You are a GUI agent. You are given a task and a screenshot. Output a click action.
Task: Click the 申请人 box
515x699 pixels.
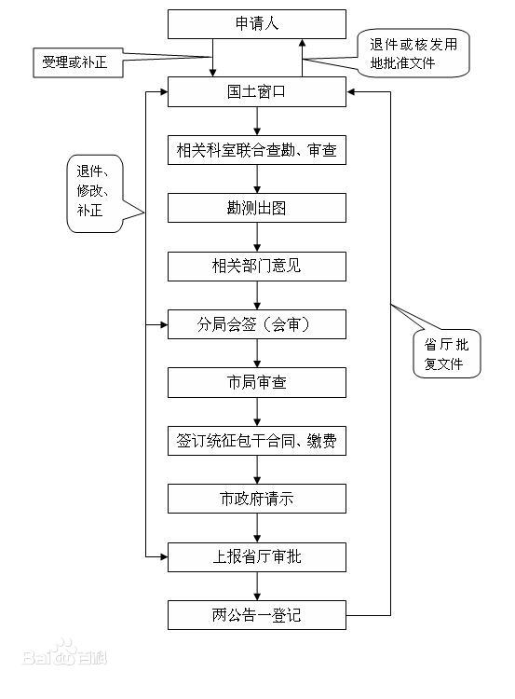click(257, 24)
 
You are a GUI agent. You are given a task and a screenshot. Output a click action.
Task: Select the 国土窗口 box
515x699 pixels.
click(257, 92)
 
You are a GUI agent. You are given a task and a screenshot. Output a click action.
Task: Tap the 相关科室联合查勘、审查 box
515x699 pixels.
click(257, 150)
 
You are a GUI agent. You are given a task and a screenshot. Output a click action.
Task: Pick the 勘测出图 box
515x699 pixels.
click(257, 208)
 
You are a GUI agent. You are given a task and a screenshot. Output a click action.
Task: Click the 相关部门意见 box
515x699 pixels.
click(257, 267)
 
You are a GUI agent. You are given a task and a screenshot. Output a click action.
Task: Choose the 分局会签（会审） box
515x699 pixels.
click(257, 324)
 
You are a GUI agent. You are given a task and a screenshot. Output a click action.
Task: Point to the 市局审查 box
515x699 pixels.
click(257, 382)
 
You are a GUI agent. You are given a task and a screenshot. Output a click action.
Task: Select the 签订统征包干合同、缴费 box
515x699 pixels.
click(257, 441)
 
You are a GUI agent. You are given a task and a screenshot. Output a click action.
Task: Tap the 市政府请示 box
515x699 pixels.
click(257, 499)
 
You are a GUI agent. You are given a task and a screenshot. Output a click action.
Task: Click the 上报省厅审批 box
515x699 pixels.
click(257, 557)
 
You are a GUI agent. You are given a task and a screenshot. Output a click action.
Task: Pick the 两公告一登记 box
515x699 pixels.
click(257, 615)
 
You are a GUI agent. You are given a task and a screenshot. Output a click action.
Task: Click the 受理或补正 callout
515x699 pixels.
click(78, 62)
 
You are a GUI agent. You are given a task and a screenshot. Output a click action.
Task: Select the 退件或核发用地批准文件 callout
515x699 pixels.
click(413, 53)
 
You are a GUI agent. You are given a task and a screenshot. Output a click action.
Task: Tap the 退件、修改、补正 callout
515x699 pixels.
click(94, 194)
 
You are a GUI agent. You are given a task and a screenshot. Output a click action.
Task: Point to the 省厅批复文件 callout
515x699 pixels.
click(446, 354)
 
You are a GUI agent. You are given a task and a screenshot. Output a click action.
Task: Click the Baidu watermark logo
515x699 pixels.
click(65, 653)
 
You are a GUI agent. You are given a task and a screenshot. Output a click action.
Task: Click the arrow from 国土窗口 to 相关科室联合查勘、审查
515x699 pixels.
click(257, 121)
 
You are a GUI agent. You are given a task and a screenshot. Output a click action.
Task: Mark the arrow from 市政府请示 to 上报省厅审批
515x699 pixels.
click(257, 528)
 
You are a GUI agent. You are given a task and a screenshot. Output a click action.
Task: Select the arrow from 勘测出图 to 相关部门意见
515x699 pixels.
click(257, 237)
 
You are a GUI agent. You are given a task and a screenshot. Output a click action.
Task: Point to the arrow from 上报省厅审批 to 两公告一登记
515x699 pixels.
click(257, 586)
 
